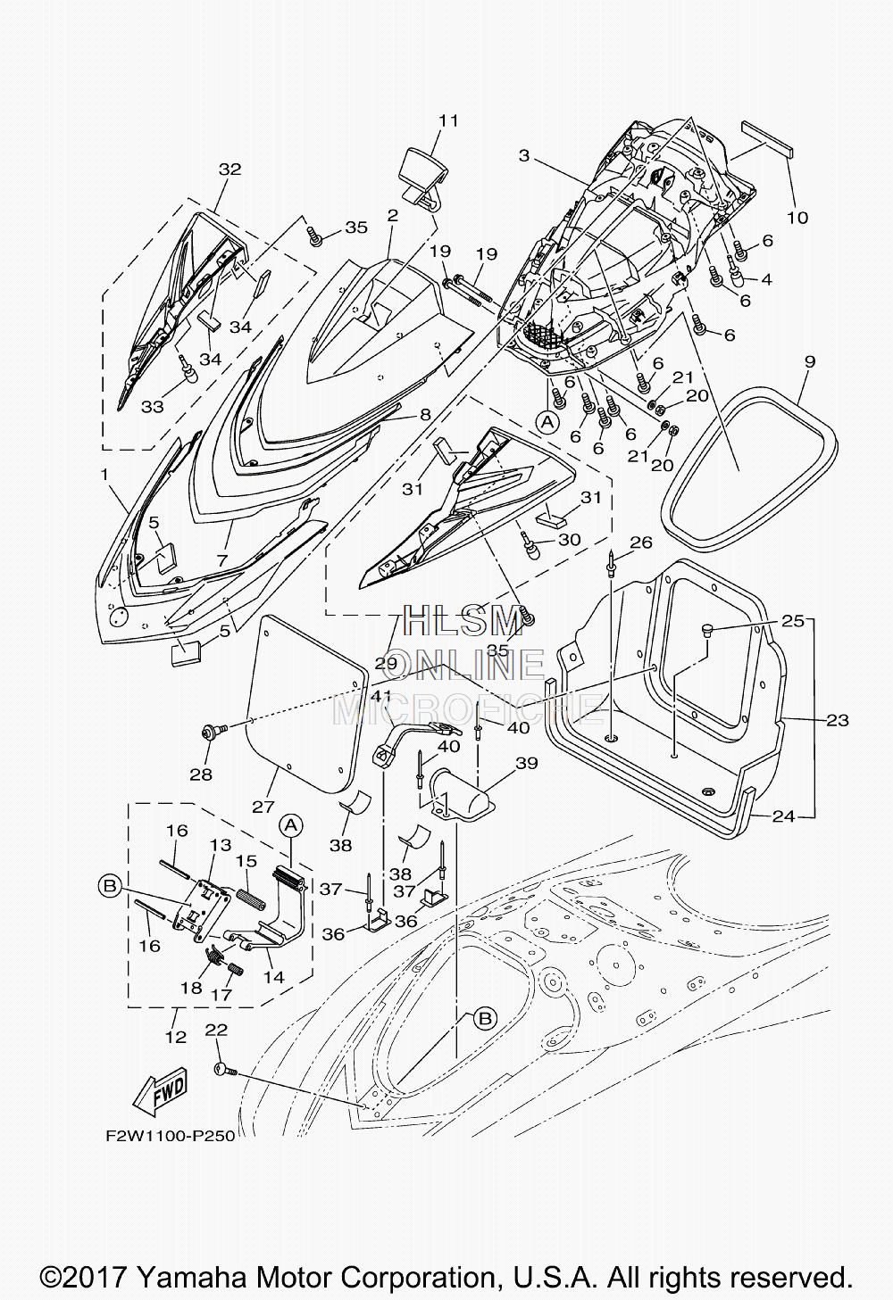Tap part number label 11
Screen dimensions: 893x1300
448,120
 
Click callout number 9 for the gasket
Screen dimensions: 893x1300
810,361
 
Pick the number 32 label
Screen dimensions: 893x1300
230,170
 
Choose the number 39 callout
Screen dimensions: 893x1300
526,763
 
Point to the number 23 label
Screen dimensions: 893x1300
838,720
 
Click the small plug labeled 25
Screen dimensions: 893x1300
706,629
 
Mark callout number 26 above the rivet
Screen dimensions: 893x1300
641,542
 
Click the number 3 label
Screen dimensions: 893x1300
524,155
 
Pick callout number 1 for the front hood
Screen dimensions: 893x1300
104,474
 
